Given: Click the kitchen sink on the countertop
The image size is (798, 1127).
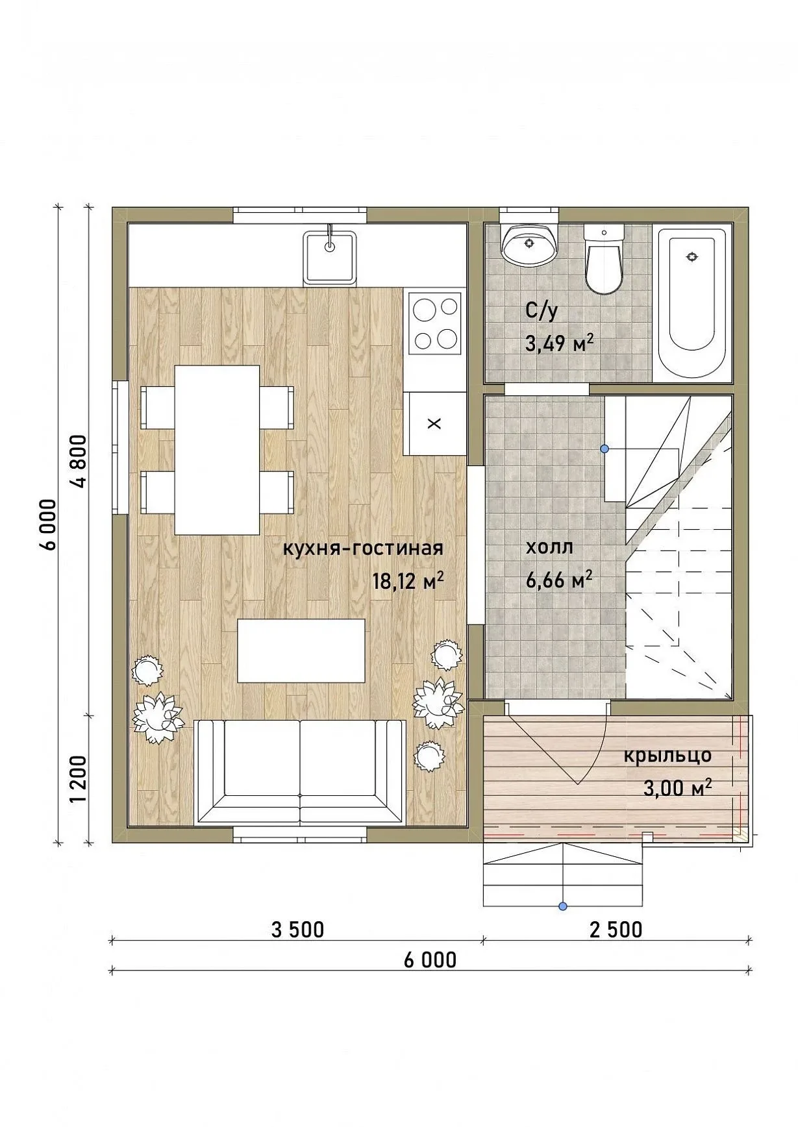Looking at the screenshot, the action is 330,258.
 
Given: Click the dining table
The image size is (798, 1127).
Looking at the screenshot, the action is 218,450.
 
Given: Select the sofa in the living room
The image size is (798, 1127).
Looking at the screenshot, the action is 300,772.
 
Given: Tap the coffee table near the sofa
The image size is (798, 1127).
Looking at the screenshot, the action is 301,650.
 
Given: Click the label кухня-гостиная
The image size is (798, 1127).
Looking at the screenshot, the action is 363,549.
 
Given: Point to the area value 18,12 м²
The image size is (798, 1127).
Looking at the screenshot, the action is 408,580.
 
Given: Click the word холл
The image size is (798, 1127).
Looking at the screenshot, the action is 549,547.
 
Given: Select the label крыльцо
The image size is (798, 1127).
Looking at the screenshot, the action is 667,756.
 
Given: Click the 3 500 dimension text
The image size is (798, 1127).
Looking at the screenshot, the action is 297,930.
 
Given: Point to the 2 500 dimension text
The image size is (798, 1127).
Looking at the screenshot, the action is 616,930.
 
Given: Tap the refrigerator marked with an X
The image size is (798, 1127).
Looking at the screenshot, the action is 435,423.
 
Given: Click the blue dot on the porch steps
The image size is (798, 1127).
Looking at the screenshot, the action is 563,906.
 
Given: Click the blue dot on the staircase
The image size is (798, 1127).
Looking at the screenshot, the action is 605,449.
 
